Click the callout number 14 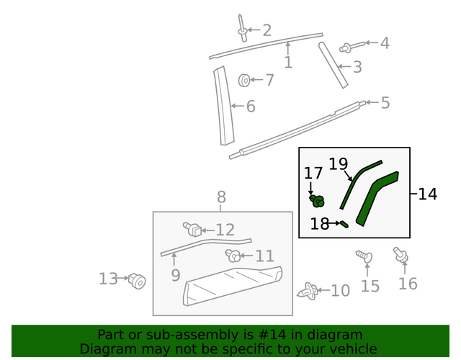pyautogui.click(x=427, y=194)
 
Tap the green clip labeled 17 pyautogui.click(x=316, y=201)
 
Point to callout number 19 pyautogui.click(x=338, y=164)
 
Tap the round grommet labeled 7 pyautogui.click(x=244, y=80)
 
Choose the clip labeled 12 pyautogui.click(x=193, y=230)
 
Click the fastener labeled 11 pyautogui.click(x=233, y=255)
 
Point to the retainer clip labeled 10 pyautogui.click(x=310, y=291)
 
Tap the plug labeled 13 pyautogui.click(x=137, y=280)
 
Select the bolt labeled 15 pyautogui.click(x=363, y=256)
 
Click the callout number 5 pyautogui.click(x=385, y=103)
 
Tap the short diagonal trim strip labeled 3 pyautogui.click(x=334, y=65)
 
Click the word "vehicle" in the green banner pyautogui.click(x=351, y=349)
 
